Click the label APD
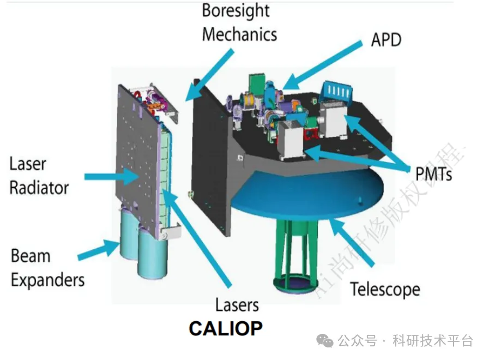(386, 39)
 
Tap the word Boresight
(236, 10)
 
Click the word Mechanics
(239, 34)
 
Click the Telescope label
(385, 289)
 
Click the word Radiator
(39, 188)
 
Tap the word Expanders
(48, 280)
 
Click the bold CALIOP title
(225, 328)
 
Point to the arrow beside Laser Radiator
(112, 175)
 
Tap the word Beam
(31, 256)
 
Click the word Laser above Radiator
(28, 164)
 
